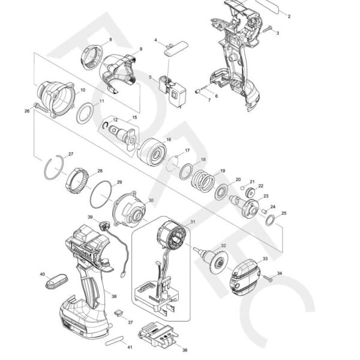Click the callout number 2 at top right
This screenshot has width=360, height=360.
point(289,16)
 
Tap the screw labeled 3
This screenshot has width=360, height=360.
point(269,28)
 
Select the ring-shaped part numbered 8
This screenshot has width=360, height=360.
point(90,58)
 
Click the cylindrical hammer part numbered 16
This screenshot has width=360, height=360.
point(151,151)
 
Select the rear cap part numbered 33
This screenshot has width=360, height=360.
point(243,276)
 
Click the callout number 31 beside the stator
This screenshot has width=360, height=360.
point(193,222)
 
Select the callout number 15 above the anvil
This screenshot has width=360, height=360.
point(134,118)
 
